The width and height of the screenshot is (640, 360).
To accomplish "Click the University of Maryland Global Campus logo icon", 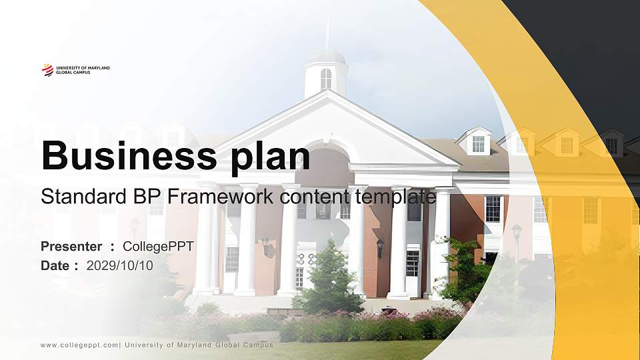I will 47,69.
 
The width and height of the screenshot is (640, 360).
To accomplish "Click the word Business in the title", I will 125,156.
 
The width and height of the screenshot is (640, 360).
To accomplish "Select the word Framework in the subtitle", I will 221,197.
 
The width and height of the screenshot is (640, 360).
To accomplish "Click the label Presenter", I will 71,247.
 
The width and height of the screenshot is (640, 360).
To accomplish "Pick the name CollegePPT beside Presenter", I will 159,247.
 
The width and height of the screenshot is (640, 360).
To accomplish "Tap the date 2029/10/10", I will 120,265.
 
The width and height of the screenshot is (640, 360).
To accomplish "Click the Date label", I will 55,265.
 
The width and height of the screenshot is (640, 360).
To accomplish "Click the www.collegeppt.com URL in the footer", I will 79,345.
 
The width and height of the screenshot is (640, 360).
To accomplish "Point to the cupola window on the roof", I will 326,79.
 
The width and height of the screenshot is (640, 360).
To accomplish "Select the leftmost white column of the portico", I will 205,240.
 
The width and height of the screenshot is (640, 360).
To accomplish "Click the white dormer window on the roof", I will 478,143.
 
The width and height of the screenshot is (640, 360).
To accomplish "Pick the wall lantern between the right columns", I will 380,248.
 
